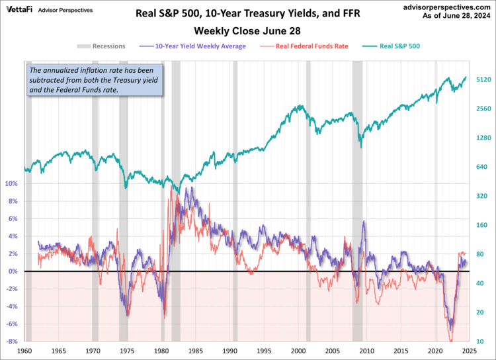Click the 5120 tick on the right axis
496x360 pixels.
(x=481, y=79)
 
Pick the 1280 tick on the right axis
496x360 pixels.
(x=481, y=138)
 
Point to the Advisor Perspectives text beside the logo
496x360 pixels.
(x=65, y=10)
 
